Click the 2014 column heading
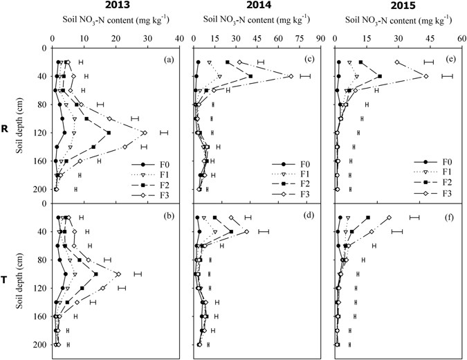[255, 6]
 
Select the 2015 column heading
[396, 6]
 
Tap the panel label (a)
[168, 59]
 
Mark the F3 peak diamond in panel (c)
[291, 76]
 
